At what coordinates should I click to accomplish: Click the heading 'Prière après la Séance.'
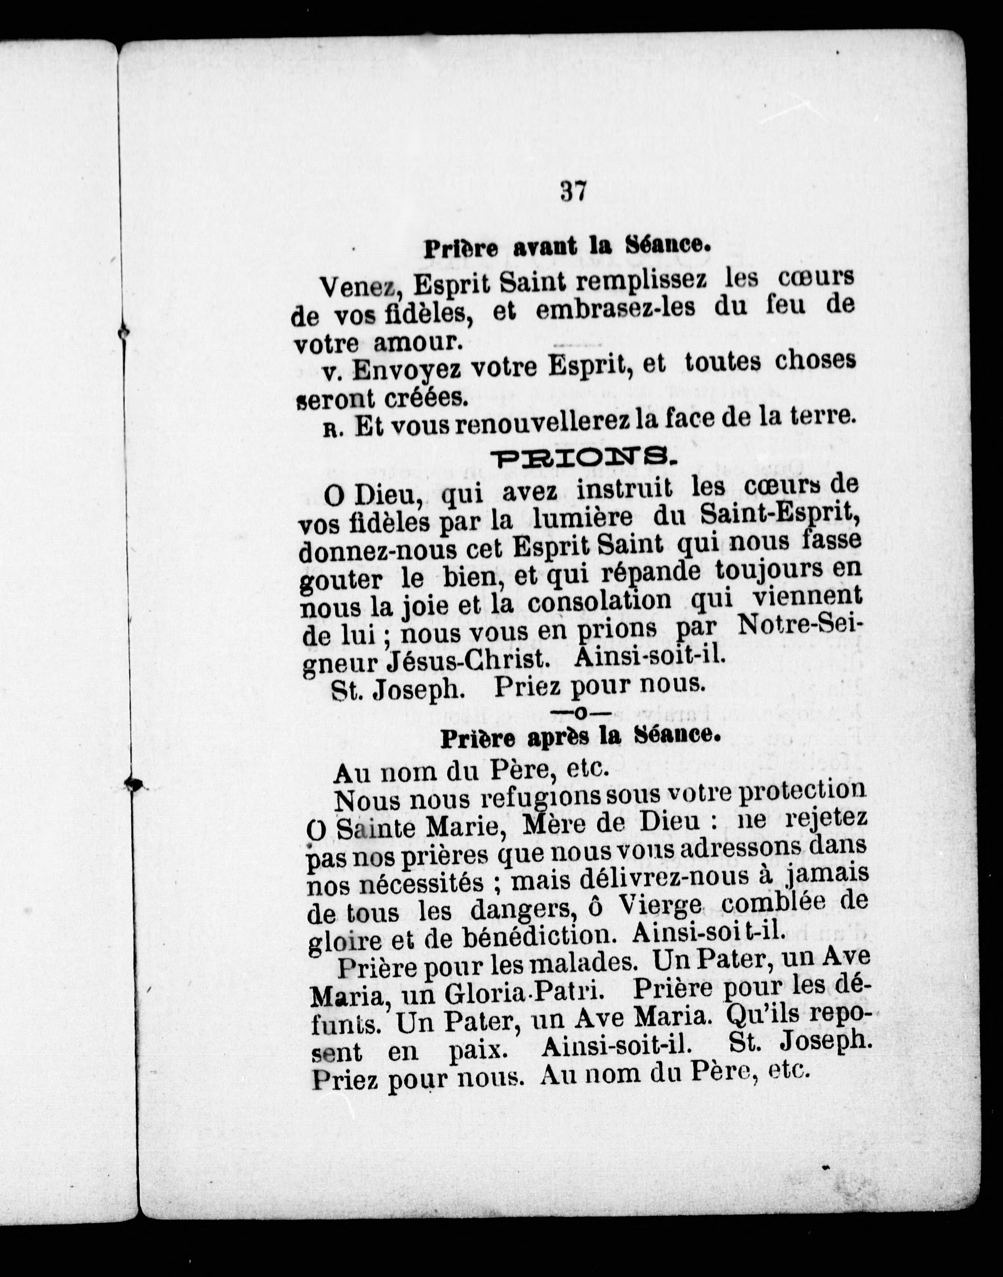coord(580,738)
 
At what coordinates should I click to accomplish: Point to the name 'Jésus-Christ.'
coord(470,660)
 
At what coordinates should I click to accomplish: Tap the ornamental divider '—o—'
coord(580,713)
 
